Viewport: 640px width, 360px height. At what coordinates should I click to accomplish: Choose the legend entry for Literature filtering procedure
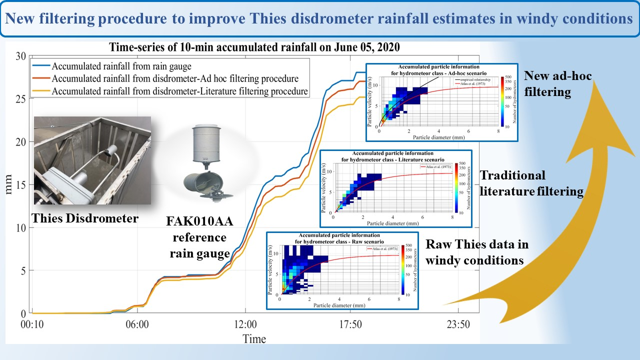(180, 91)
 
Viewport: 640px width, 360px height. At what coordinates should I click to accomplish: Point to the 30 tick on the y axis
(20, 56)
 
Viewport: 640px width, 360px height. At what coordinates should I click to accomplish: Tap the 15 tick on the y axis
(20, 184)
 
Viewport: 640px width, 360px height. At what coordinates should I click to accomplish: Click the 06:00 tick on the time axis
(138, 324)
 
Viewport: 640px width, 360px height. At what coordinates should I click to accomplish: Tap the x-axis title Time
(254, 338)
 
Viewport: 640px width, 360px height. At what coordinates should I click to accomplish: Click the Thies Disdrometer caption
(85, 218)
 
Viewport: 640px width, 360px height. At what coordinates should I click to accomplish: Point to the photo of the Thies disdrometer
(92, 160)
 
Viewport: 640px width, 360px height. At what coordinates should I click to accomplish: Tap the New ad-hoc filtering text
(557, 83)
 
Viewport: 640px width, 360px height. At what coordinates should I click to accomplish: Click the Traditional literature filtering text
(531, 183)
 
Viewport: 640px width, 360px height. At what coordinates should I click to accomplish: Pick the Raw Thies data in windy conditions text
(477, 252)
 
